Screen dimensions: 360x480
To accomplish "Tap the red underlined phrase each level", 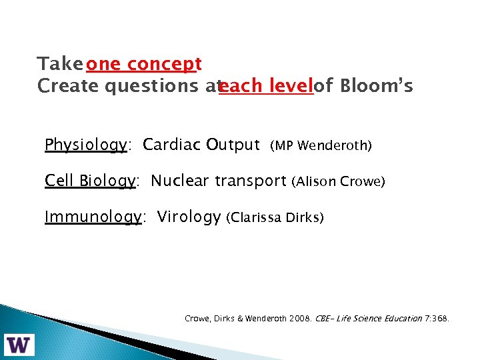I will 266,87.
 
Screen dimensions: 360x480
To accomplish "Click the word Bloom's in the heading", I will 377,87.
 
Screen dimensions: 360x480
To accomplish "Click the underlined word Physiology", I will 86,145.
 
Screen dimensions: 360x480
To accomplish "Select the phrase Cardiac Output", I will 201,145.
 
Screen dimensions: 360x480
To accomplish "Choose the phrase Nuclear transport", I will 218,181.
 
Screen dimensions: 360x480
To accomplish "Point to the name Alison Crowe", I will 338,182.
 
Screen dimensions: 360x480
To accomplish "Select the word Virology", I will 189,217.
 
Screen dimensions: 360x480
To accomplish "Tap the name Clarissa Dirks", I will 275,218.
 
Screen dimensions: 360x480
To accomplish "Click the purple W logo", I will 19,344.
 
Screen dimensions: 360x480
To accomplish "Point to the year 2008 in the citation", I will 299,319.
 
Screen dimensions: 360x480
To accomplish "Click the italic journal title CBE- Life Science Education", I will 368,319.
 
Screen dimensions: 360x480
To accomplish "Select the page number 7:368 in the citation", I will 437,319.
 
